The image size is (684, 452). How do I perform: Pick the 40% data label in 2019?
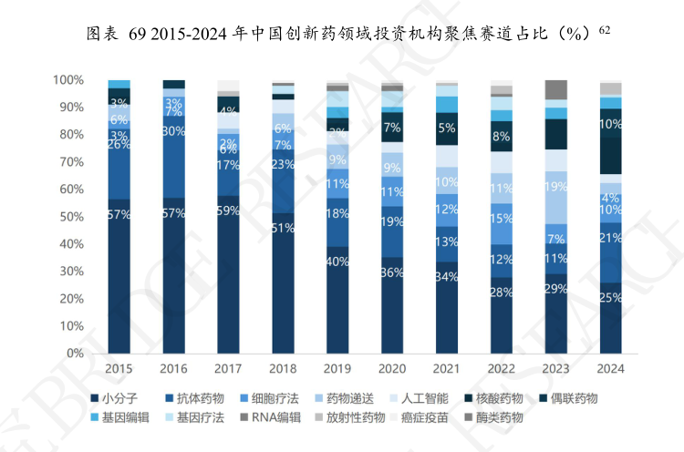pos(337,262)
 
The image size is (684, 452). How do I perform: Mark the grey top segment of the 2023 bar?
pos(555,89)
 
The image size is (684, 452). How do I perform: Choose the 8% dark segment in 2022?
pos(501,136)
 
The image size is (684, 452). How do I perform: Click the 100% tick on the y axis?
pos(68,80)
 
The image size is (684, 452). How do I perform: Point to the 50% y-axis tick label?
pos(71,217)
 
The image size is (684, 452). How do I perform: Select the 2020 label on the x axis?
pos(392,369)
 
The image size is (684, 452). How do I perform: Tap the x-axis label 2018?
pos(283,369)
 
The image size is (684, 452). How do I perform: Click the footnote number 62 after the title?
pos(604,30)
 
